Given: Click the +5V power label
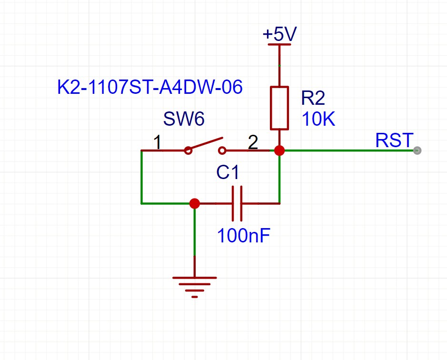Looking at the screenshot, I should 279,35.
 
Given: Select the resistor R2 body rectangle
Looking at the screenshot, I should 279,108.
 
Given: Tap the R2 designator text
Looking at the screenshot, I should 313,98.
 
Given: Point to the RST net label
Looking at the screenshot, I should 394,140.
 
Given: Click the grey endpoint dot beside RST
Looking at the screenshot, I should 417,150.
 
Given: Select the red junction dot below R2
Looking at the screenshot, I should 279,150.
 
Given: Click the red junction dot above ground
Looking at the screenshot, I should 194,204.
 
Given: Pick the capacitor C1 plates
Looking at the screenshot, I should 237,204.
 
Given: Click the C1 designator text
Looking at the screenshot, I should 229,173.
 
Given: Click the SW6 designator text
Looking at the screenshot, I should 184,119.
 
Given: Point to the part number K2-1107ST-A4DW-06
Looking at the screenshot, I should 150,88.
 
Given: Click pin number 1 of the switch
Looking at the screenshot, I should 157,142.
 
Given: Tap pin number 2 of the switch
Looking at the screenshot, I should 253,142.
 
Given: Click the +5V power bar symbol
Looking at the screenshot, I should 279,45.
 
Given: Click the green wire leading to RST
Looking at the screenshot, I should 348,150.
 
